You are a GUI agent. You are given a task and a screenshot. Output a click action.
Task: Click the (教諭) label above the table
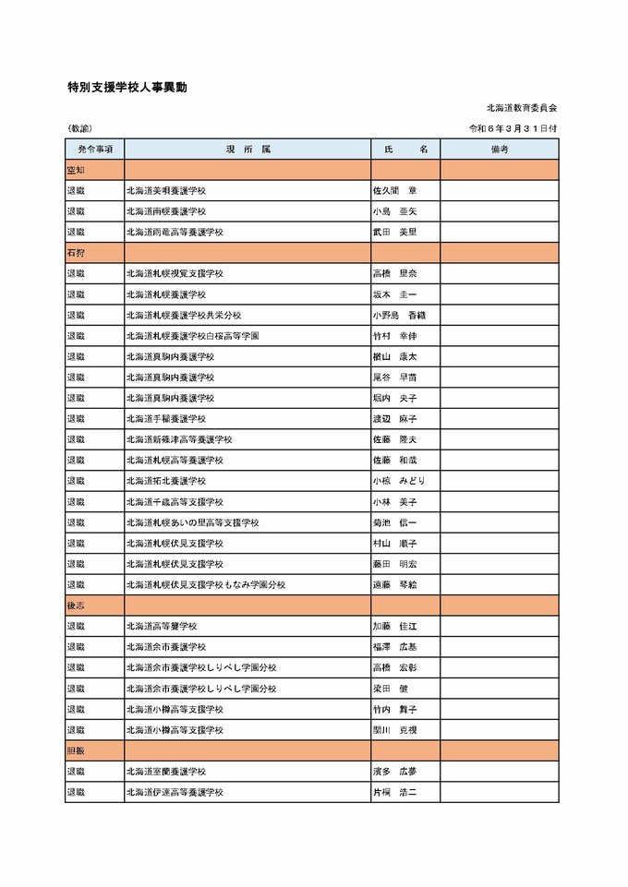[x=80, y=128]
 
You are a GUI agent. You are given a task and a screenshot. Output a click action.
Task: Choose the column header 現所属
[x=248, y=149]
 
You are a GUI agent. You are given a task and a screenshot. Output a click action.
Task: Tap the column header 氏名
[x=405, y=149]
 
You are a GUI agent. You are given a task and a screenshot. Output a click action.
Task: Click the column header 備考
[x=500, y=149]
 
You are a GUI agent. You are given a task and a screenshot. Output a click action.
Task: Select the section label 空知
[x=76, y=170]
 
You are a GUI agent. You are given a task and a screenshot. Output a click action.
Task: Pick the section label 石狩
[x=76, y=252]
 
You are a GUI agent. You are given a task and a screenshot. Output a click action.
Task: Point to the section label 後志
[x=76, y=605]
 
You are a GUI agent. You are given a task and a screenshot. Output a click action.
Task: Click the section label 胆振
[x=76, y=750]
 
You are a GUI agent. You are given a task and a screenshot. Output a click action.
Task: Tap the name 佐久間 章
[x=394, y=190]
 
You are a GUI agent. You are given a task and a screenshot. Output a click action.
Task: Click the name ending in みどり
[x=399, y=481]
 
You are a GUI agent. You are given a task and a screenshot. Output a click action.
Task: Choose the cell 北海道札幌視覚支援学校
[x=175, y=273]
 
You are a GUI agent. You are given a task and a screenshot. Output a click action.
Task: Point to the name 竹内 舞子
[x=394, y=709]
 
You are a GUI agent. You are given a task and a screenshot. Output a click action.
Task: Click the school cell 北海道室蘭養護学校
[x=166, y=771]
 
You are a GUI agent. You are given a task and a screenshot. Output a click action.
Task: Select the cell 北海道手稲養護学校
[x=166, y=418]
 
